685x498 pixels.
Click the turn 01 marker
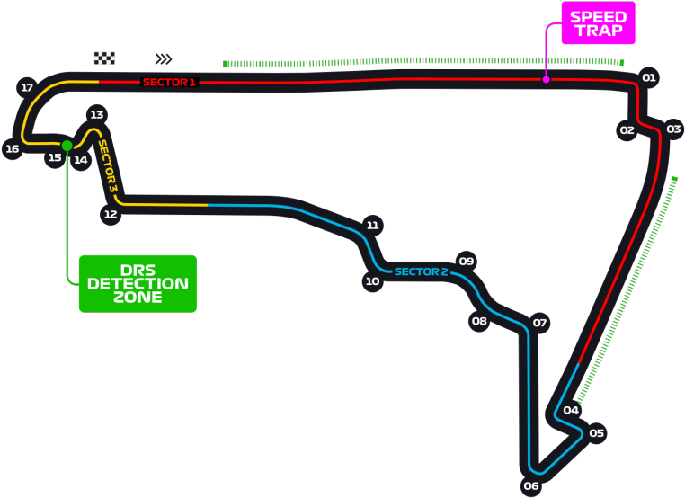(649, 78)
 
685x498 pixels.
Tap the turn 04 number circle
(571, 411)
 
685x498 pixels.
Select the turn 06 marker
(531, 486)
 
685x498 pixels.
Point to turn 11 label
(373, 226)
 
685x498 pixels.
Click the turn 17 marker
(27, 88)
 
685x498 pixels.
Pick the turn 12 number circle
(111, 215)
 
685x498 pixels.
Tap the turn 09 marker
(467, 262)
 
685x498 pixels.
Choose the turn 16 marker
(12, 149)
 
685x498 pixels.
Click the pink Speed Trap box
(599, 23)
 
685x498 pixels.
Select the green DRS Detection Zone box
(138, 283)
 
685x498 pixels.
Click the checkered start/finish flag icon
(105, 58)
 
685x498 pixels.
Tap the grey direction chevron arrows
(164, 59)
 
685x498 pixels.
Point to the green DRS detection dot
(67, 145)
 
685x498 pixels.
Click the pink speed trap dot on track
(546, 80)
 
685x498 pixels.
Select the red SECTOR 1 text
(169, 82)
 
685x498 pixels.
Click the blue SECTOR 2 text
(421, 271)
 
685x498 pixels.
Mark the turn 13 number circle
(97, 114)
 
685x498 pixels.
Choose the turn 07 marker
(539, 323)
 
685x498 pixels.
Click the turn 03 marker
(673, 129)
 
